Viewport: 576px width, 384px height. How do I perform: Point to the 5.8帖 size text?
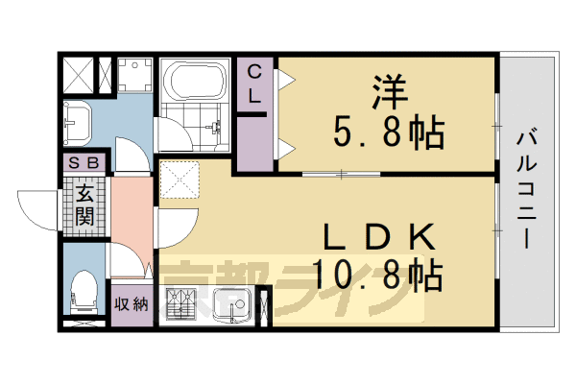(390, 132)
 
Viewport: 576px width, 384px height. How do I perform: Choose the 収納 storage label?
(132, 305)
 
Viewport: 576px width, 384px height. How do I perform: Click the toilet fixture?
(83, 289)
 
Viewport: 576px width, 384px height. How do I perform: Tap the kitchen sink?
(230, 307)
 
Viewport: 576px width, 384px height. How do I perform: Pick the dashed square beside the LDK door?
(180, 178)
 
